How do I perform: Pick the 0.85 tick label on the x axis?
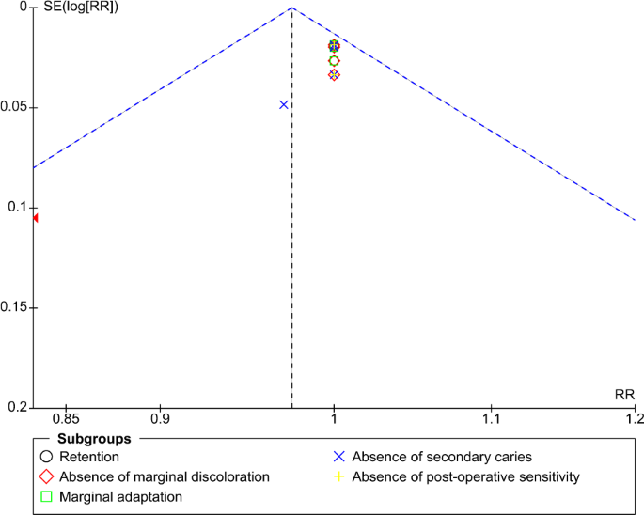coord(65,418)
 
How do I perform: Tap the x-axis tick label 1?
coord(334,418)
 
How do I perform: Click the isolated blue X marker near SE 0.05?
coord(284,104)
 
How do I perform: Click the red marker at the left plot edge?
coord(36,218)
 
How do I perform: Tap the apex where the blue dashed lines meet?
coord(291,8)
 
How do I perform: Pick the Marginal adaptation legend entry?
coord(120,496)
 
